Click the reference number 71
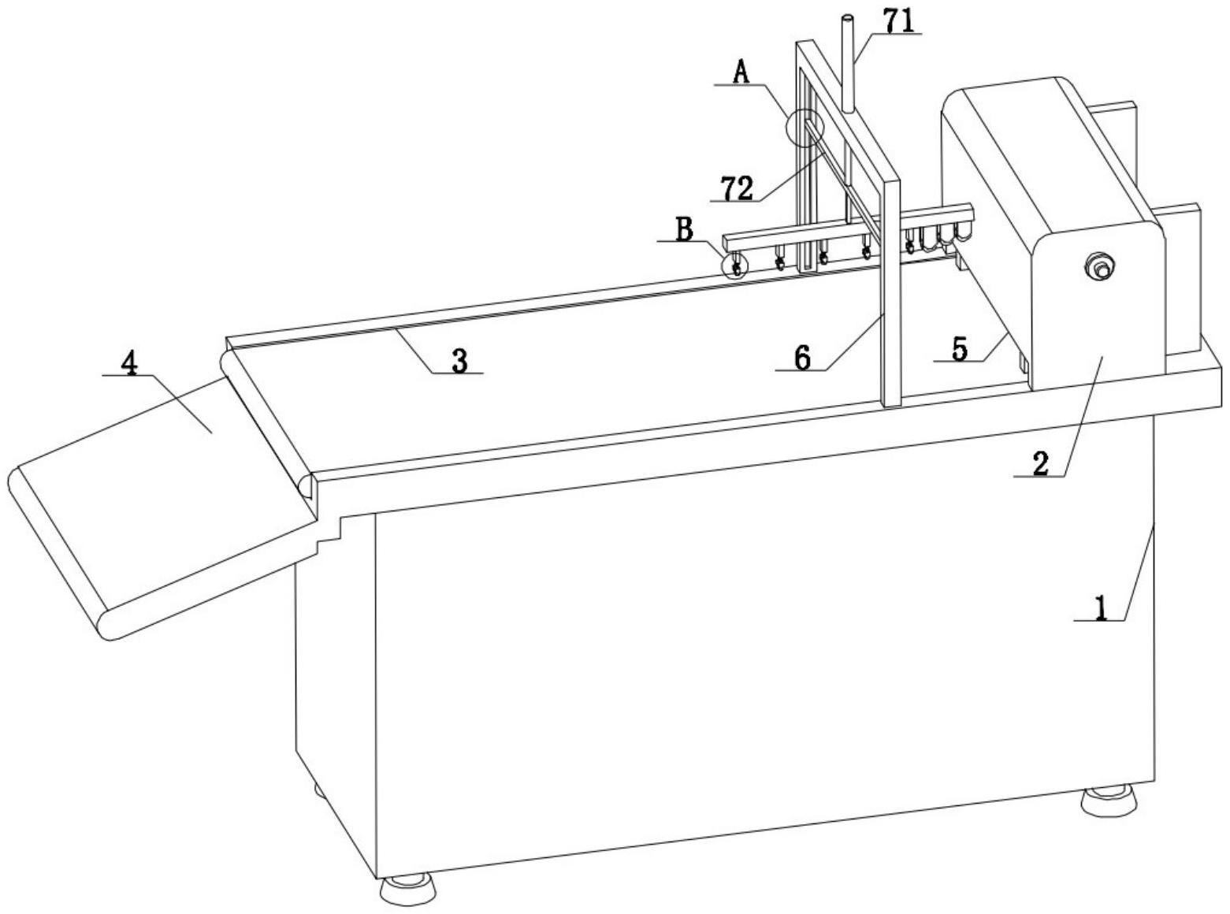coord(900,22)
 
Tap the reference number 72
coord(736,188)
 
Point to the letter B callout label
coord(684,228)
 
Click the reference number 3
coord(459,360)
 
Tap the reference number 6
coord(802,358)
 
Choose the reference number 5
coord(959,349)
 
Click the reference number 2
coord(1041,464)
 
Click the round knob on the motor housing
coord(1098,266)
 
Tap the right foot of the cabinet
coord(1110,801)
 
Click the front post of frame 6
coord(891,292)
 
